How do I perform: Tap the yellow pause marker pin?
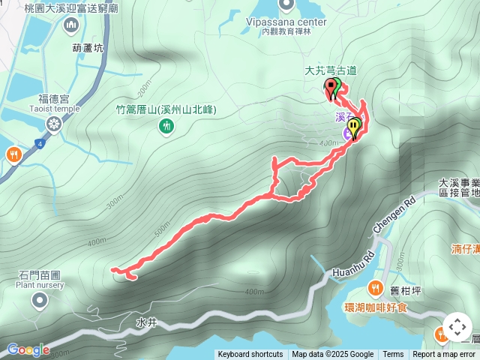tap(353, 125)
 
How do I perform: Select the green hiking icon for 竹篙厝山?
tap(166, 127)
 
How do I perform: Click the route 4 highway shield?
tap(39, 142)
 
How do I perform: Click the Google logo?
tap(28, 349)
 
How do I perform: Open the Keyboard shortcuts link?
tap(250, 355)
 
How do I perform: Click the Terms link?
tap(393, 355)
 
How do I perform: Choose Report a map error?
tap(444, 355)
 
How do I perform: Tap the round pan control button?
tap(457, 328)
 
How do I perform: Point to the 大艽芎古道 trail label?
tap(330, 70)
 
